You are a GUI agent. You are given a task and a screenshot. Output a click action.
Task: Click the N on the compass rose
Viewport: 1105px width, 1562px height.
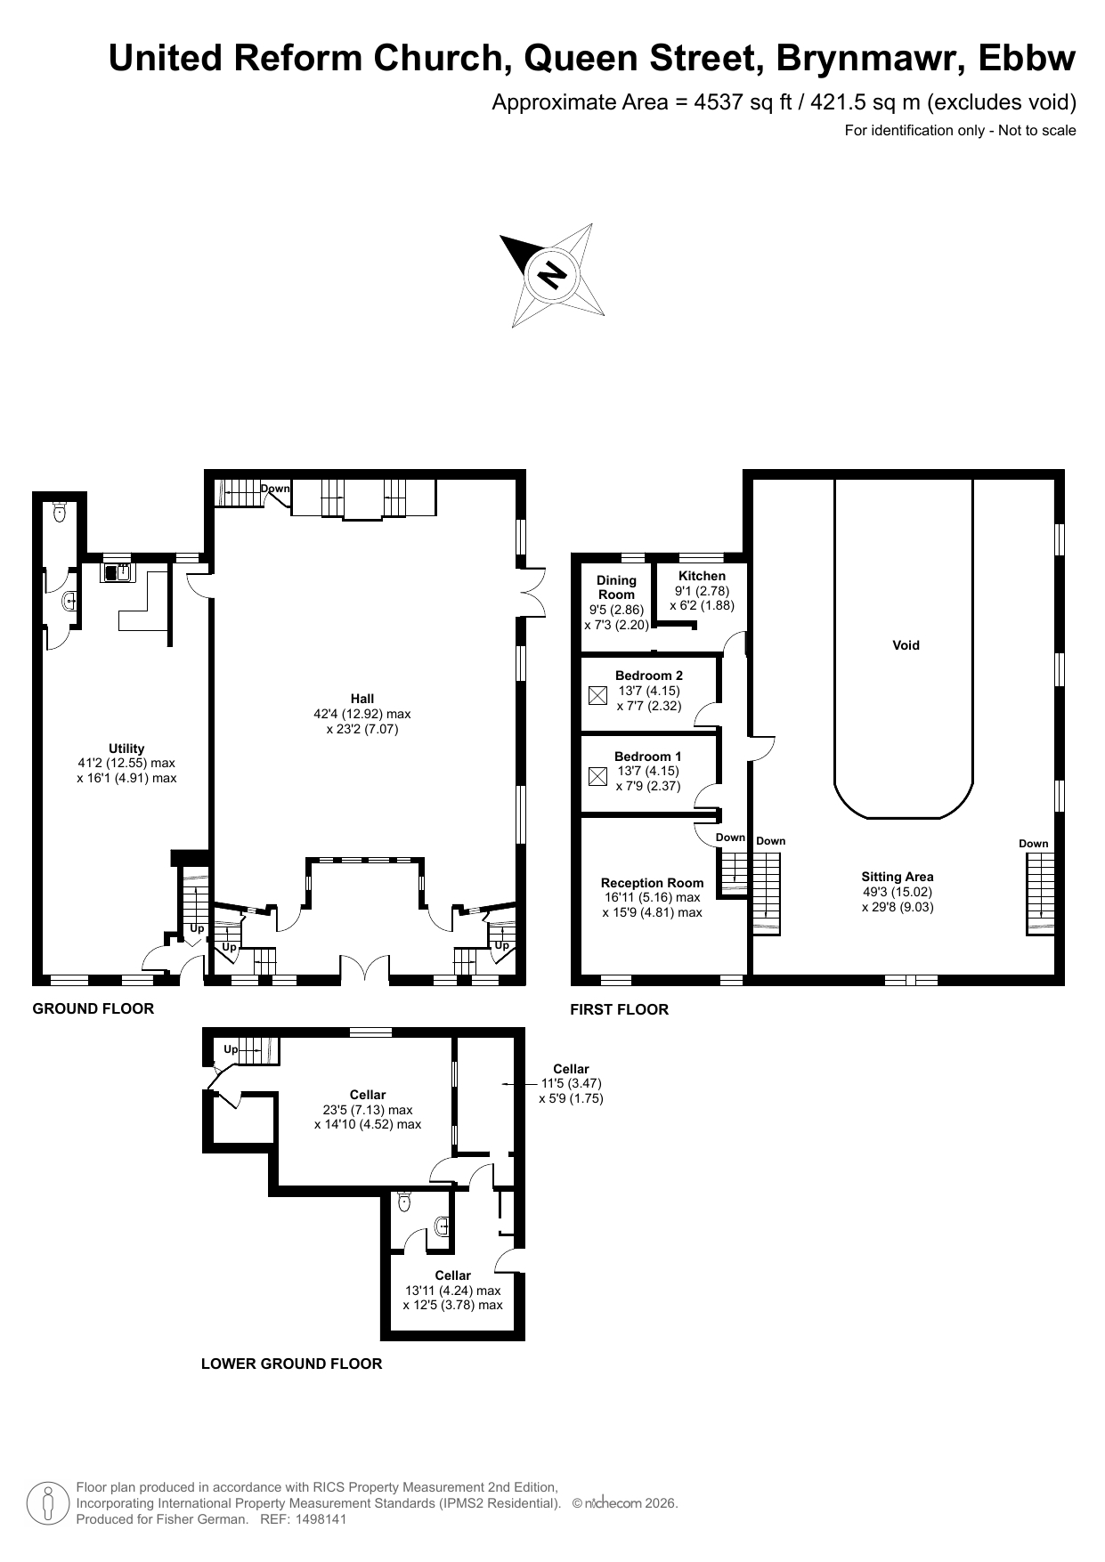553,275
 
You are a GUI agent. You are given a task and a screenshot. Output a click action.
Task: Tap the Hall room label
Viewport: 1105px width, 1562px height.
362,699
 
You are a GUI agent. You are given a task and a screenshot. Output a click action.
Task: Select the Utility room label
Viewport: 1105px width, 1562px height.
126,749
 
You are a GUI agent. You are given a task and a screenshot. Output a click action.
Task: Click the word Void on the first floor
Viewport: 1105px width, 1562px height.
906,645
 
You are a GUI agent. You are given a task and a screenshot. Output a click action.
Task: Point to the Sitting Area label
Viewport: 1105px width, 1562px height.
898,877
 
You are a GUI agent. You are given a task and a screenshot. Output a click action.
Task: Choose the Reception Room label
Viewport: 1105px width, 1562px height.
652,883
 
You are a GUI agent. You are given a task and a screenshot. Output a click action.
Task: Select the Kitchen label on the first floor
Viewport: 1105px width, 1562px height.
702,576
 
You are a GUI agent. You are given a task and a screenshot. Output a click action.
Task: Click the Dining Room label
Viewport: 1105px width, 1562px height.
616,587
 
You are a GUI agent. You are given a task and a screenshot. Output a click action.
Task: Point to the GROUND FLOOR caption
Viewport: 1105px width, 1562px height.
93,1008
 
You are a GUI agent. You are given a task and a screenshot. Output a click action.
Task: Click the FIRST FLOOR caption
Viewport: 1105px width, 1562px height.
619,1009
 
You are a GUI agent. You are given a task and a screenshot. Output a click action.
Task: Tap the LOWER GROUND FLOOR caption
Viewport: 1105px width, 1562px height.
291,1364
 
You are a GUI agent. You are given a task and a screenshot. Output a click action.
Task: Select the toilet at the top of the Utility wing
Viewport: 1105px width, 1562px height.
61,511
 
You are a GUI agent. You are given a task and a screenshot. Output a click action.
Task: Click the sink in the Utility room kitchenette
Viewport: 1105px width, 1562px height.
117,572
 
